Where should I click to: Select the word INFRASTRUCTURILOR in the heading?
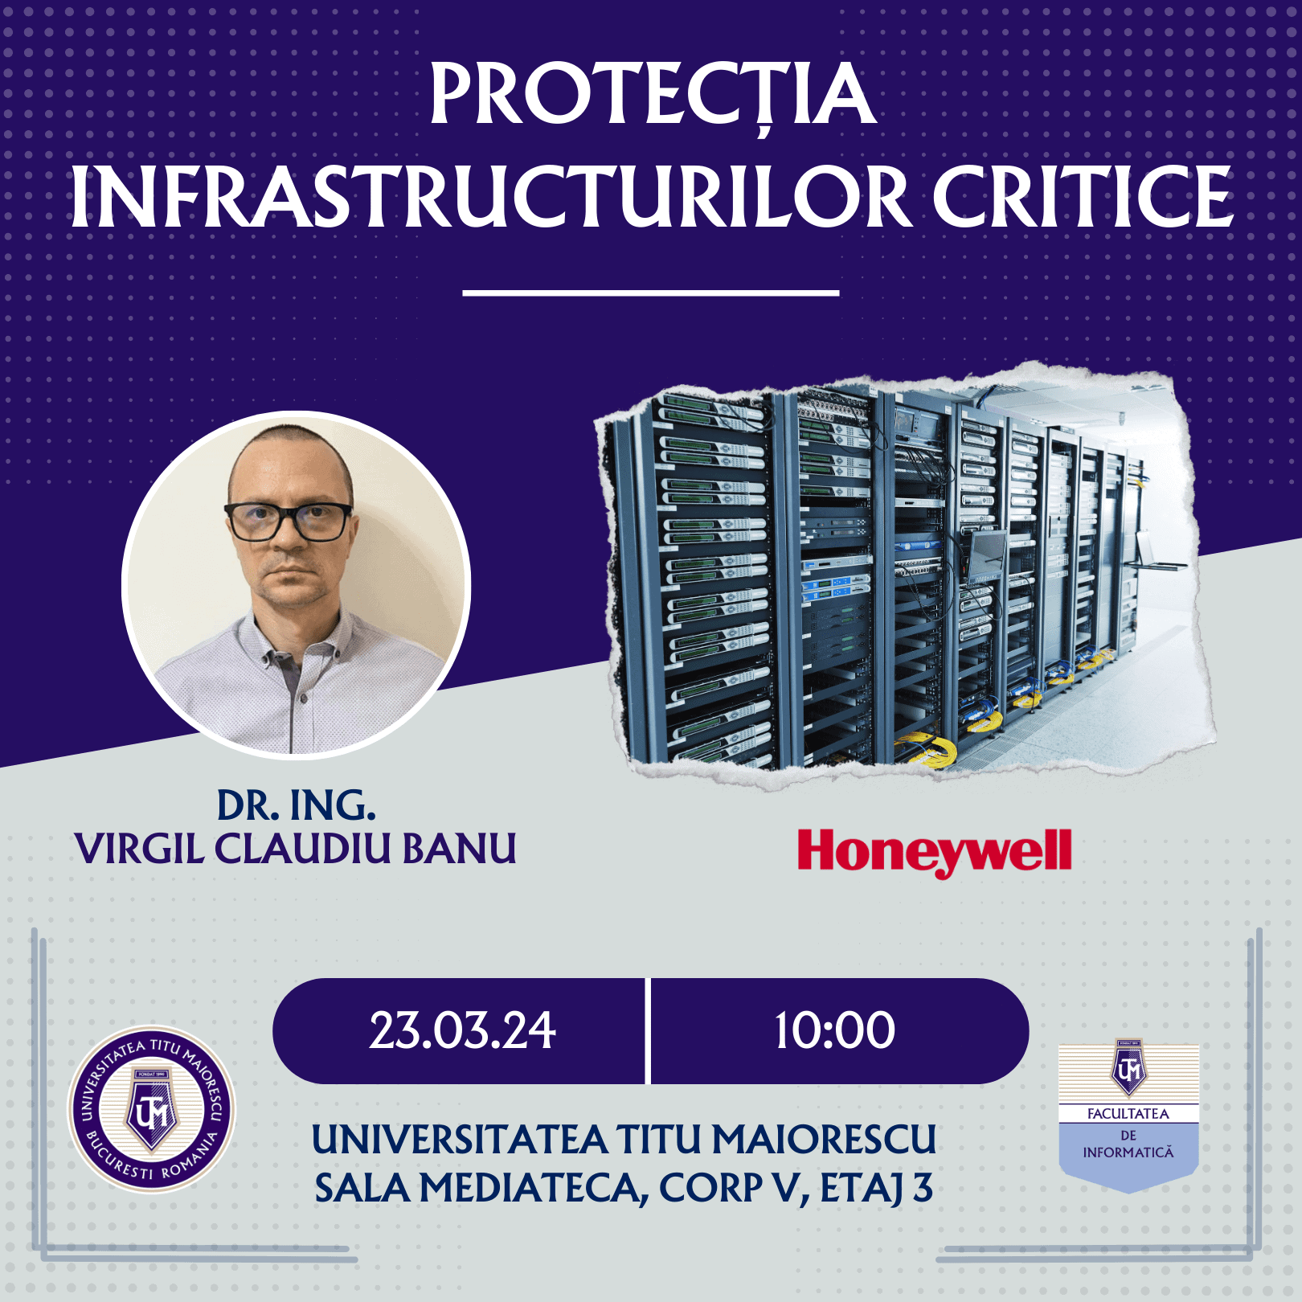pos(491,197)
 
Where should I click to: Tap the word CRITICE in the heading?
pos(1082,197)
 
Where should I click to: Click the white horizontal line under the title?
pos(651,293)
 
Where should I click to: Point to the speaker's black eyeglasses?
pos(289,521)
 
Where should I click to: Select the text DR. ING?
pos(297,805)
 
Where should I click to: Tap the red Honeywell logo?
pos(935,854)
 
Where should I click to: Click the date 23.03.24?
pos(462,1031)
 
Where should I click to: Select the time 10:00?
pos(834,1031)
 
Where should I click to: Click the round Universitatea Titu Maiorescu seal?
pos(151,1110)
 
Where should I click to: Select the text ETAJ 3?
pos(876,1189)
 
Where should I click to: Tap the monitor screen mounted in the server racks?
pos(987,555)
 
